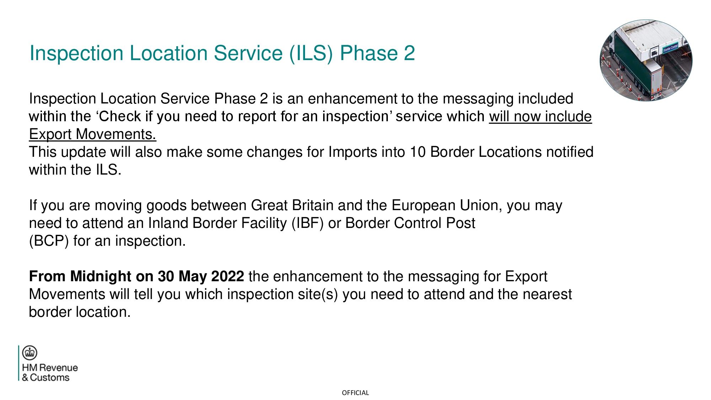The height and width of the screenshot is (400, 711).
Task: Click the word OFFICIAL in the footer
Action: point(355,393)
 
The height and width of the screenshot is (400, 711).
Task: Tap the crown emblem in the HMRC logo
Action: point(30,353)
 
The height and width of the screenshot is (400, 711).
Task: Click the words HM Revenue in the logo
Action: point(50,368)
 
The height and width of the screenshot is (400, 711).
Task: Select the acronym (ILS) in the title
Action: point(311,53)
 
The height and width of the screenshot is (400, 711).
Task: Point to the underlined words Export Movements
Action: point(92,134)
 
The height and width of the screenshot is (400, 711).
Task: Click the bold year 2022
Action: point(227,276)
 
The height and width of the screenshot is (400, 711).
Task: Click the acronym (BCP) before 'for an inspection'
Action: point(49,241)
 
